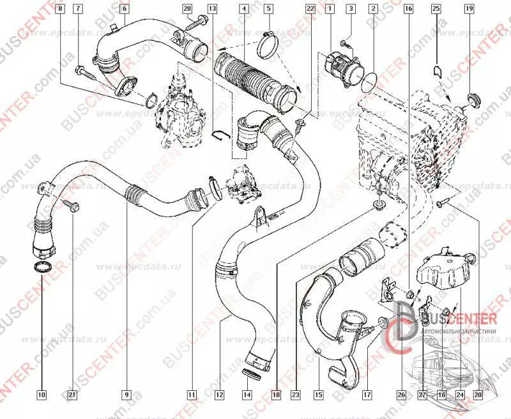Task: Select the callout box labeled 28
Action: [187, 9]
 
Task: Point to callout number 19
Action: [469, 9]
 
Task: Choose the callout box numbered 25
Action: [436, 9]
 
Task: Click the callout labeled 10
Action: [42, 395]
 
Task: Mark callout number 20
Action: [477, 395]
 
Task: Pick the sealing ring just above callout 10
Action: [42, 267]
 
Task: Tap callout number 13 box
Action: [212, 9]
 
